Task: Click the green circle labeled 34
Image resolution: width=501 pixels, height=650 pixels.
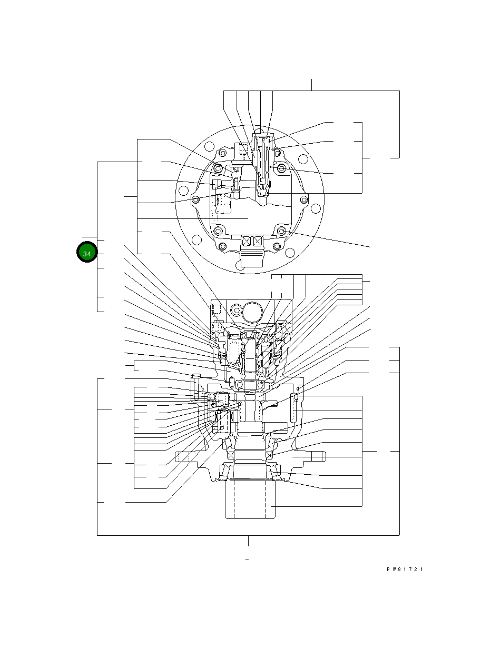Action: [87, 253]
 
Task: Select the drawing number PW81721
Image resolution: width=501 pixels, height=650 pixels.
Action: [405, 569]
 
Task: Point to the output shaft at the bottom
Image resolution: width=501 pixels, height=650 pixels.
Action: [251, 499]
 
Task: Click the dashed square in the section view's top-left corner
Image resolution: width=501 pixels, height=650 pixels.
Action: [215, 309]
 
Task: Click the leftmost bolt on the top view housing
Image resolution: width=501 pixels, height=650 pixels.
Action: [196, 200]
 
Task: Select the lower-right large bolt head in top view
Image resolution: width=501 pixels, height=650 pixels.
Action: [282, 231]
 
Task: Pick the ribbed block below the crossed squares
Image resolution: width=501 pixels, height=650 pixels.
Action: [252, 259]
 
